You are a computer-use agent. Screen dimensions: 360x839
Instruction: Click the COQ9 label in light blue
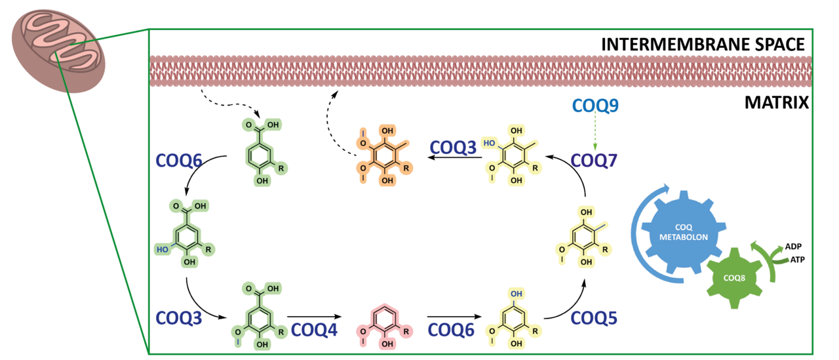(596, 105)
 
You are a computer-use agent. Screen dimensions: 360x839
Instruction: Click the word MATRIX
(778, 103)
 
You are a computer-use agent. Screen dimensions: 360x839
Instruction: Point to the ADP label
(792, 247)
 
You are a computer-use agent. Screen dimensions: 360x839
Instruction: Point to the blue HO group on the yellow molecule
(488, 142)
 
